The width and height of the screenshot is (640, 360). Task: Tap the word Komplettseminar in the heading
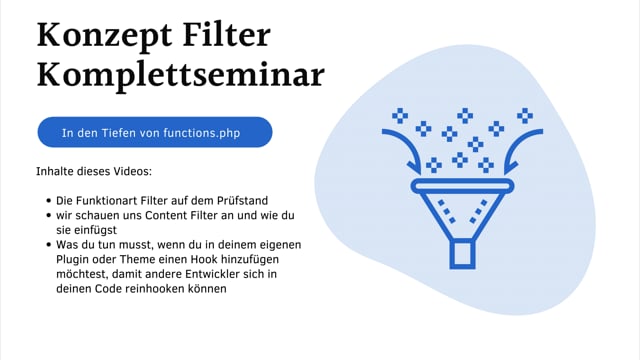pos(180,76)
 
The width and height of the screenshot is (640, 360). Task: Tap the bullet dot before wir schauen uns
pos(48,216)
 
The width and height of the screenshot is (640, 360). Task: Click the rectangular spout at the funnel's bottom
pos(463,253)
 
